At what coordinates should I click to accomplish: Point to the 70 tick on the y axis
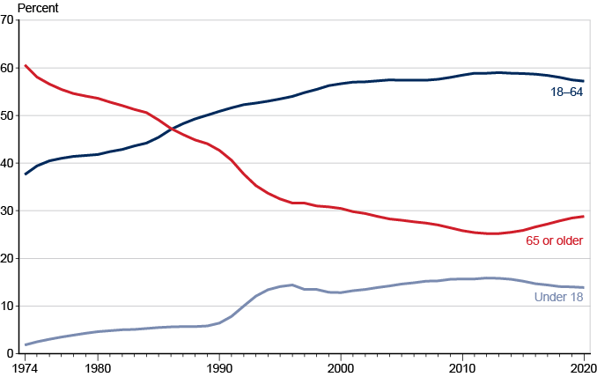pos(10,21)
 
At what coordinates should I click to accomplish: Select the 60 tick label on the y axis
pos(10,69)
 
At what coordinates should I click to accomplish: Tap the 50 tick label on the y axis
pos(10,116)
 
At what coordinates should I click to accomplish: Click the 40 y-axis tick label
pos(10,164)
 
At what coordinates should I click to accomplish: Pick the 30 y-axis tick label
pos(10,211)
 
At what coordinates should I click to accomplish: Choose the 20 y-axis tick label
pos(10,259)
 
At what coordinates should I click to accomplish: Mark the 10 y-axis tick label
pos(10,307)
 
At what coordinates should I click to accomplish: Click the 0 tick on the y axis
pos(12,353)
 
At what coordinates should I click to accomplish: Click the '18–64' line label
pos(566,92)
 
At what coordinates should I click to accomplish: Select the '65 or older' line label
pos(554,240)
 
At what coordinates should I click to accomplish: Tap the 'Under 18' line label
pos(558,297)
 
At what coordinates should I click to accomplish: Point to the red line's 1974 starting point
pos(26,65)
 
